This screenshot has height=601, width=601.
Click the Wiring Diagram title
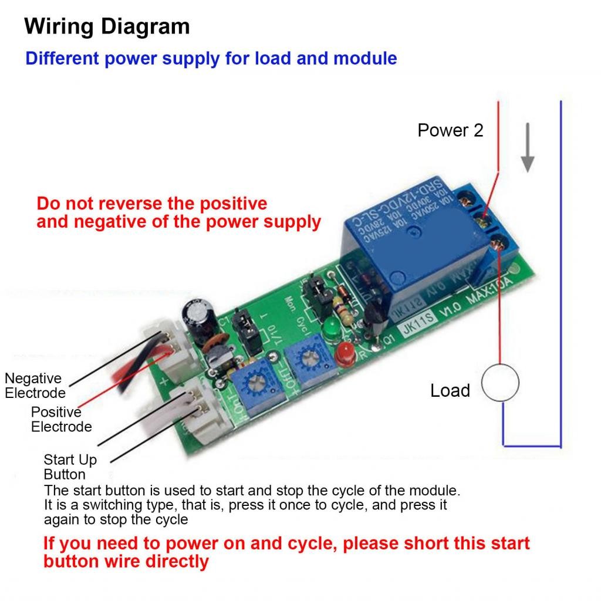click(x=107, y=27)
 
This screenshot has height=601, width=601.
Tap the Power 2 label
click(x=450, y=130)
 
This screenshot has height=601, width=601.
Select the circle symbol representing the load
click(x=500, y=383)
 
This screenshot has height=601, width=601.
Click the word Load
click(x=450, y=391)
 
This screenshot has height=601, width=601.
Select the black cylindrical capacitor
click(x=193, y=318)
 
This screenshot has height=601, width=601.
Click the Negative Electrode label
click(x=34, y=386)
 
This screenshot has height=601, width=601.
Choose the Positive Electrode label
click(x=61, y=419)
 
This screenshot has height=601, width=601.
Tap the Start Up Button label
click(x=70, y=467)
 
